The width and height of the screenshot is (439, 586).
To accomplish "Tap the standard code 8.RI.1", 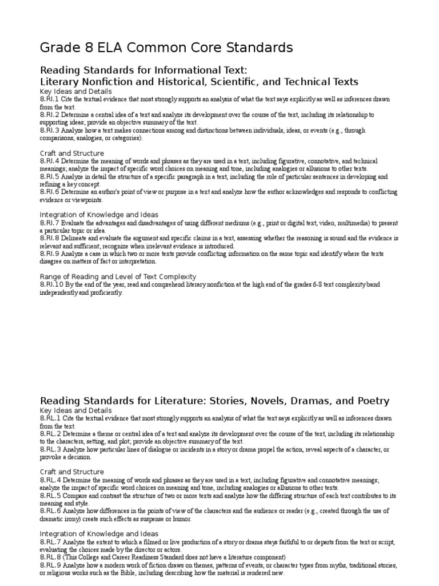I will (x=49, y=100).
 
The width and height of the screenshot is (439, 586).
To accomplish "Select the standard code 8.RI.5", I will (x=49, y=177).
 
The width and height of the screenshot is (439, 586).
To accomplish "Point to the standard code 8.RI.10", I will (x=51, y=284).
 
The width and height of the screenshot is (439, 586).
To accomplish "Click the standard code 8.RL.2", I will (x=50, y=434).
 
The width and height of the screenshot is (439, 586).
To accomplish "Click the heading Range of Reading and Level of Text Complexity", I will (x=118, y=276).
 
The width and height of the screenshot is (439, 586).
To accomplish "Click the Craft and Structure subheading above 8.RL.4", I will (x=71, y=472).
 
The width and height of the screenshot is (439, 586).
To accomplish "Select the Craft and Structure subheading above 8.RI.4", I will (x=71, y=153).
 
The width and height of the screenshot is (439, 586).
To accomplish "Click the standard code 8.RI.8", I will (x=49, y=238).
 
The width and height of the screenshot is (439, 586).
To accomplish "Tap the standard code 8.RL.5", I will (x=50, y=496).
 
